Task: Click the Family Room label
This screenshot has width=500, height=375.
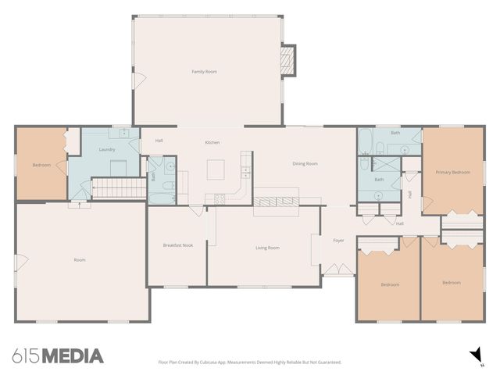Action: pos(205,72)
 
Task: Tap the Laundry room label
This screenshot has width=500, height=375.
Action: pos(108,149)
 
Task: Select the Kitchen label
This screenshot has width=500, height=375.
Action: pos(212,142)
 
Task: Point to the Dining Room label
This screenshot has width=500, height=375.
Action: pos(305,163)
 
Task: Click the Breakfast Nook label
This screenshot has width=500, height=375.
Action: pos(178,245)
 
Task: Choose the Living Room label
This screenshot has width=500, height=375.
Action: pos(267,248)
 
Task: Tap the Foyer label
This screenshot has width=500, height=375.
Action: pos(338,241)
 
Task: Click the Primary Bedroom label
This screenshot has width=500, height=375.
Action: pos(453,172)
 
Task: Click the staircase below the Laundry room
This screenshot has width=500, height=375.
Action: pos(120,188)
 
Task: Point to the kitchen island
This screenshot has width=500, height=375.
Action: pos(216,169)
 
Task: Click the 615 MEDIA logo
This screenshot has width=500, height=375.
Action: pos(58,356)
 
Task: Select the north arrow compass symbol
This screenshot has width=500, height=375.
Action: pos(474,355)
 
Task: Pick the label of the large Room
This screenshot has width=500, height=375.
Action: pos(80,259)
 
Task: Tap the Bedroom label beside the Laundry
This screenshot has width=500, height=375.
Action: pos(41,165)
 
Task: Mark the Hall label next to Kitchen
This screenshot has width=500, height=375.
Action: pos(159,141)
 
